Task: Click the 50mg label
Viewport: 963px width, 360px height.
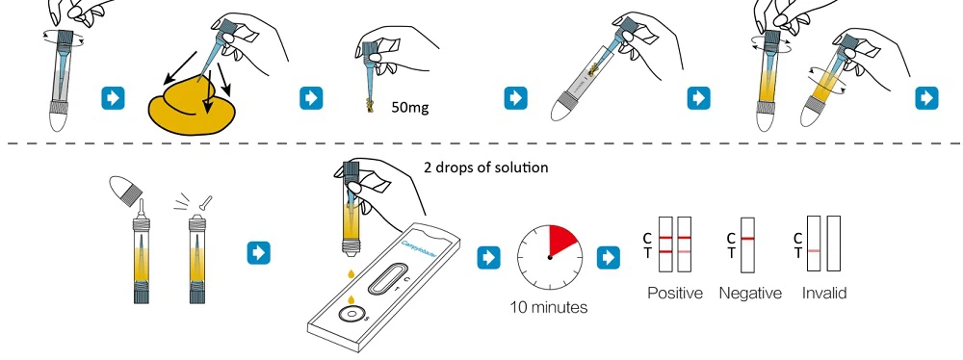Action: coord(409,108)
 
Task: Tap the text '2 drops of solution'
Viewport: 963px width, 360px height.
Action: coord(485,167)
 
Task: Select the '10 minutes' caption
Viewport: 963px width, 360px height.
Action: coord(549,306)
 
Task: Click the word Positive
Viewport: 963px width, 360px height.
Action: coord(675,293)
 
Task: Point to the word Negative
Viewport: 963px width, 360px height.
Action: coord(750,293)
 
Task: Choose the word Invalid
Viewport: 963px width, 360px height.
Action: coord(824,293)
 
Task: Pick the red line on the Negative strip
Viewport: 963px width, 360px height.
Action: coord(747,238)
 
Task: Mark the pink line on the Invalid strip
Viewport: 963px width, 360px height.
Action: coord(814,250)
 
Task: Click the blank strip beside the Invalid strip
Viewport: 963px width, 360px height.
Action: coord(833,244)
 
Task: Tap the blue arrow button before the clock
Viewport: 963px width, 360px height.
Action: coord(489,257)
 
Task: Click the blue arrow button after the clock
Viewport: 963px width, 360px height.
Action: coord(608,257)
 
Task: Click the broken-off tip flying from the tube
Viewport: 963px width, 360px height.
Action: coord(207,199)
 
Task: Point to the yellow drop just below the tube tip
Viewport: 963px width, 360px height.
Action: coord(351,272)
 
